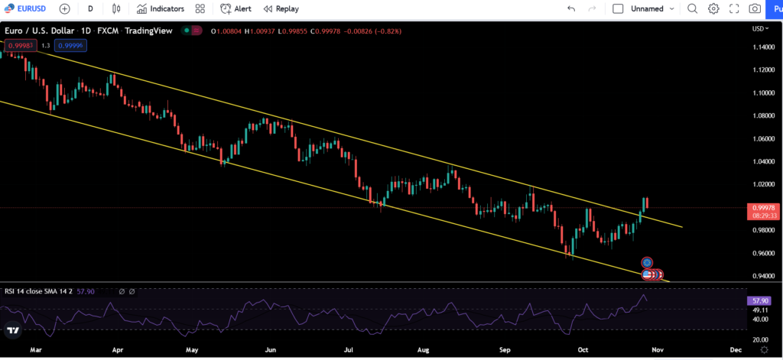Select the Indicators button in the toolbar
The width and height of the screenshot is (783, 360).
point(161,8)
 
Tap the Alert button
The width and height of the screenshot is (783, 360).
point(236,8)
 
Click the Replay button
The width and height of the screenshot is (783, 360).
point(281,8)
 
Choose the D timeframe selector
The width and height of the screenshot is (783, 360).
point(90,8)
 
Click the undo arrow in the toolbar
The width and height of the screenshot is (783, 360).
point(571,8)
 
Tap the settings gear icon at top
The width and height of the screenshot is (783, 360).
point(713,8)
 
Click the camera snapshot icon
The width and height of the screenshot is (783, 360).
point(755,8)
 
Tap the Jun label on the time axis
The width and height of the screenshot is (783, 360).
point(270,349)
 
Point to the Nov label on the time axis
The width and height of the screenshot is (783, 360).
point(658,349)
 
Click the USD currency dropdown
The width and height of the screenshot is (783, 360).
point(761,28)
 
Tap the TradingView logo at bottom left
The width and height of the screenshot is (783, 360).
point(13,331)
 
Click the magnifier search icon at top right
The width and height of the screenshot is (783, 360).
point(692,8)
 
